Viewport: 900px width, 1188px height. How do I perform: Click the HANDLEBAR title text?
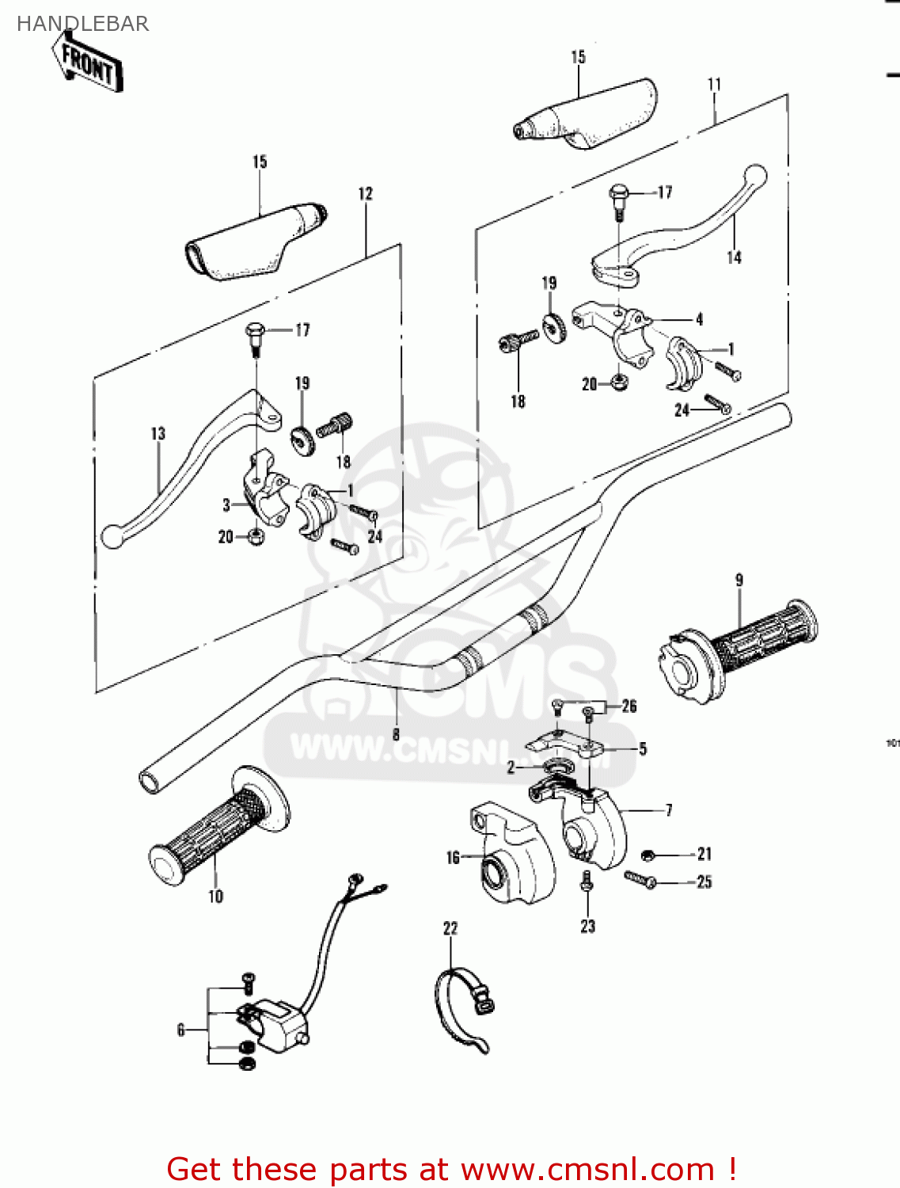point(82,24)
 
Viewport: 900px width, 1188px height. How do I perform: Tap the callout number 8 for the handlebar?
point(396,734)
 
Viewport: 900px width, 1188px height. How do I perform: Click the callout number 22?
point(450,928)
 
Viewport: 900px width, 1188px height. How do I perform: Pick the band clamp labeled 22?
point(463,1006)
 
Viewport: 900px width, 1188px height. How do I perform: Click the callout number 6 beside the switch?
point(181,1030)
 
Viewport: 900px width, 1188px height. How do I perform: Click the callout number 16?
point(453,858)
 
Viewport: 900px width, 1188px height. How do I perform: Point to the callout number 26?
point(629,706)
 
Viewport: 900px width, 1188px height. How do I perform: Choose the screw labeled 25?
point(640,878)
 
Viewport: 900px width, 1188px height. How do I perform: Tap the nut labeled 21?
point(647,855)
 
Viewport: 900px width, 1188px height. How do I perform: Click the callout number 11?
point(715,84)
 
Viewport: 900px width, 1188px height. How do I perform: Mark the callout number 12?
point(365,194)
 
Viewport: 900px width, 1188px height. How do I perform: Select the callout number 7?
point(669,809)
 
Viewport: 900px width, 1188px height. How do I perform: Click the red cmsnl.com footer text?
point(452,1169)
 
